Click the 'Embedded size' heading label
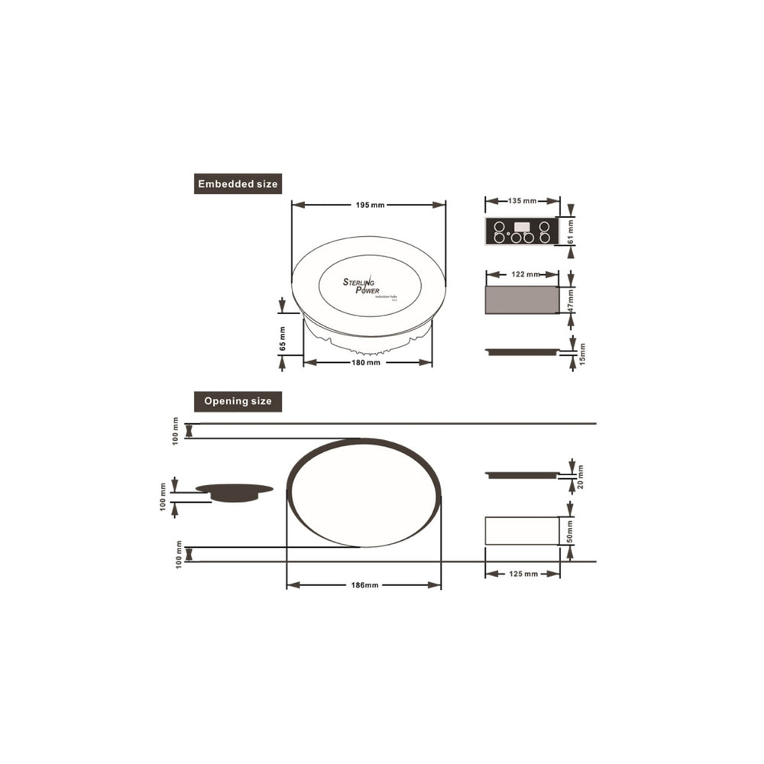click(238, 184)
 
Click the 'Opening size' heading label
click(238, 402)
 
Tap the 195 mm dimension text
click(370, 205)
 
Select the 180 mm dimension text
click(366, 363)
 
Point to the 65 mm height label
click(282, 339)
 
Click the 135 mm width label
click(523, 201)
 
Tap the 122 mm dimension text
click(523, 274)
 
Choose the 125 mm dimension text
click(523, 573)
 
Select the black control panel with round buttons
click(521, 231)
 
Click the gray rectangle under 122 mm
click(522, 301)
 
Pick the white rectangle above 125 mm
click(522, 531)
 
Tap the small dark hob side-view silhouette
click(234, 492)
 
